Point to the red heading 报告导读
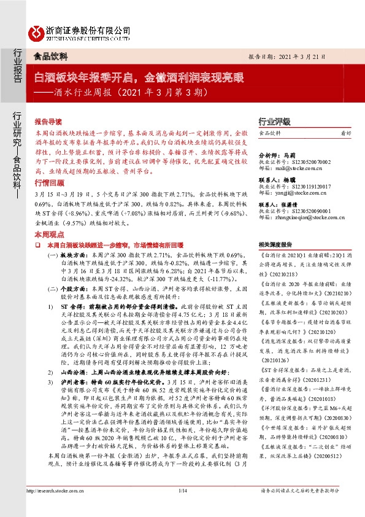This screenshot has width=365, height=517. [48, 122]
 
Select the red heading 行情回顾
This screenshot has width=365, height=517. [48, 166]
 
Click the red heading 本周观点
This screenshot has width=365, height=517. [48, 218]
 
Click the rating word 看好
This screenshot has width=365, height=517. [346, 133]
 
